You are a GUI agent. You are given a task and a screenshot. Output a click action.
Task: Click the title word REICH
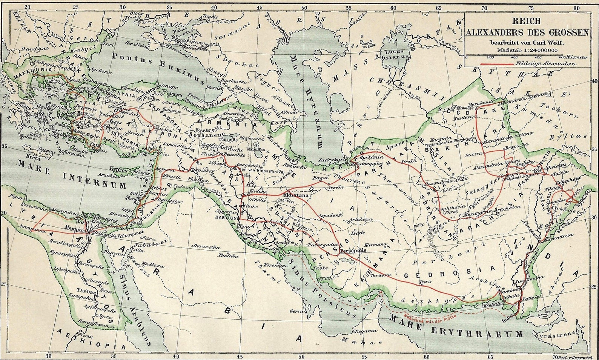(527, 22)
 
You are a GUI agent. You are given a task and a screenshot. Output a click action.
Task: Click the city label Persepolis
(353, 250)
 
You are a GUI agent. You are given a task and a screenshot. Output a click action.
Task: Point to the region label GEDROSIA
(449, 272)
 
